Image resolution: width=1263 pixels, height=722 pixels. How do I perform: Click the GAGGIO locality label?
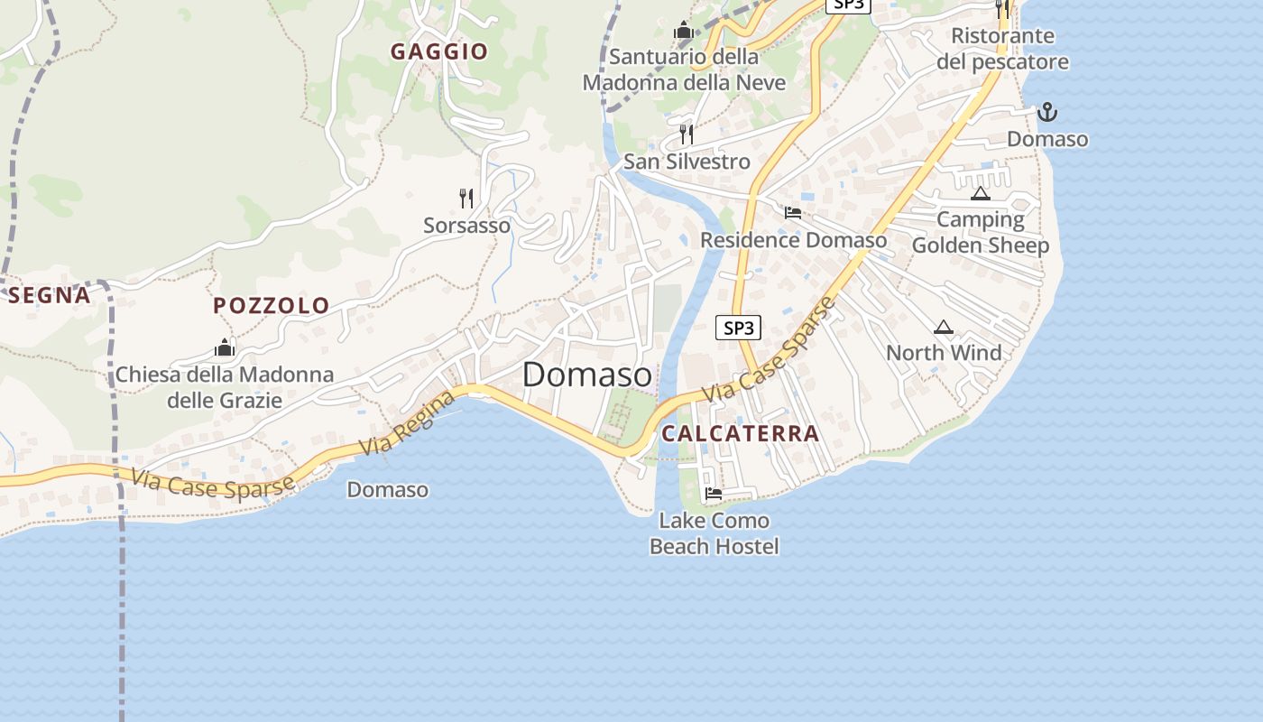438,51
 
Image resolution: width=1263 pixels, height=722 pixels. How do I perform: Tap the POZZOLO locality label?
272,305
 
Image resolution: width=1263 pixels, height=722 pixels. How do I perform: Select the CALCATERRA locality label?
741,433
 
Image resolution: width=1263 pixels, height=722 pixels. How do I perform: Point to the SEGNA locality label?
50,295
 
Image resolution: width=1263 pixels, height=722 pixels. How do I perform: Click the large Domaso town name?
586,375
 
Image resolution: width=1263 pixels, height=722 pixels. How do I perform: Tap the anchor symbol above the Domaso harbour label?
1047,112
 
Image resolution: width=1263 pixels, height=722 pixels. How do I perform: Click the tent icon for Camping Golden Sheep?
981,193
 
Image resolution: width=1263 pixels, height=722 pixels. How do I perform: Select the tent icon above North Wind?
944,327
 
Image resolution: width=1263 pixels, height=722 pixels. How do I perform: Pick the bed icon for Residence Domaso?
793,213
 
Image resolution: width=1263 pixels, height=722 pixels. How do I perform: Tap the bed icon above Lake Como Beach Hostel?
714,494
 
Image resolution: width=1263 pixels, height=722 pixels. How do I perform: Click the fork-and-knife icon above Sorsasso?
466,199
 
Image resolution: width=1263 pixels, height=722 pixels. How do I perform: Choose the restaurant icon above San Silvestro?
687,134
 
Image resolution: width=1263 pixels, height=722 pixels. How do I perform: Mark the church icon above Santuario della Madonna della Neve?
683,31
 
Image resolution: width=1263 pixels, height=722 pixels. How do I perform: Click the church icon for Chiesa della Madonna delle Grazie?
225,347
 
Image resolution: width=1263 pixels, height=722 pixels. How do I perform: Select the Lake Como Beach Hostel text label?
714,533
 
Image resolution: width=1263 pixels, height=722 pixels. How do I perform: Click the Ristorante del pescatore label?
1002,49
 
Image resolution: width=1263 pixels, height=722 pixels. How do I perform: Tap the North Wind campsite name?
944,353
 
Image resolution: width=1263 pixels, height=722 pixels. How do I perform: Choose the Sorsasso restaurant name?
466,225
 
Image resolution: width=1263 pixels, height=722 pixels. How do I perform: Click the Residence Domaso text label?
793,240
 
